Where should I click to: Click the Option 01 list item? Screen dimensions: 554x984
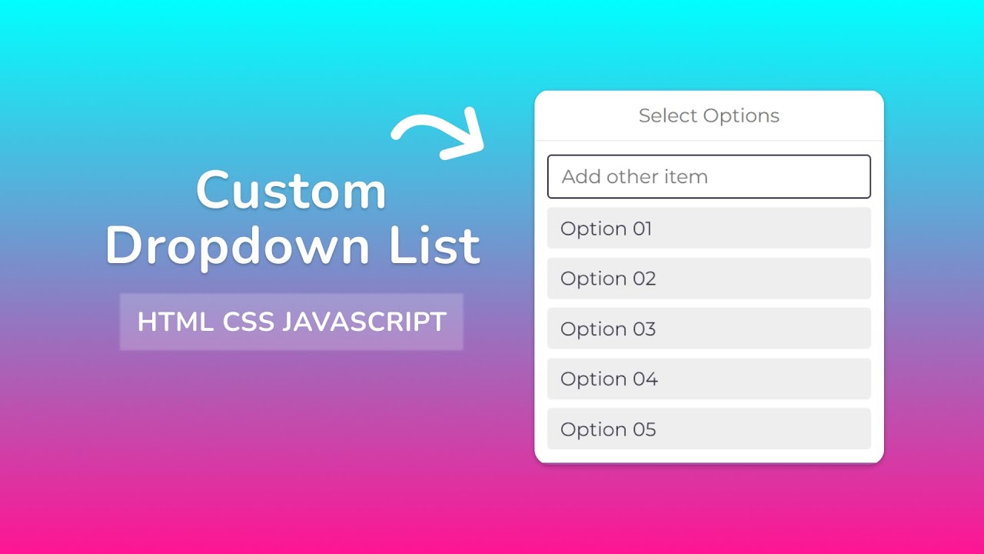pyautogui.click(x=708, y=229)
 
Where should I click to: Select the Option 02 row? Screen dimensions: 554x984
pyautogui.click(x=708, y=279)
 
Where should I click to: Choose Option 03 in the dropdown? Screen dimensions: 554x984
pyautogui.click(x=708, y=329)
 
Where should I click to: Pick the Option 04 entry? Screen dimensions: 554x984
pyautogui.click(x=708, y=379)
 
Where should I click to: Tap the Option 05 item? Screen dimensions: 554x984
pyautogui.click(x=708, y=429)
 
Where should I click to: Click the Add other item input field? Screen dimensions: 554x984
pyautogui.click(x=708, y=177)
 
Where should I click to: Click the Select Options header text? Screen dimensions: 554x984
pyautogui.click(x=709, y=116)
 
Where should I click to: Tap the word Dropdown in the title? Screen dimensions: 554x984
pyautogui.click(x=240, y=246)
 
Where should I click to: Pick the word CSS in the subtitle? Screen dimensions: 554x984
pyautogui.click(x=248, y=322)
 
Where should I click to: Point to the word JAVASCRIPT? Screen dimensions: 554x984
pyautogui.click(x=364, y=322)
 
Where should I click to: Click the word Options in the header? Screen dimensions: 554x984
pyautogui.click(x=741, y=116)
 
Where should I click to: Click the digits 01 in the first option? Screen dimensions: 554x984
pyautogui.click(x=640, y=229)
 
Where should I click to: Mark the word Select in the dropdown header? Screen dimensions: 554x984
pyautogui.click(x=667, y=116)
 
